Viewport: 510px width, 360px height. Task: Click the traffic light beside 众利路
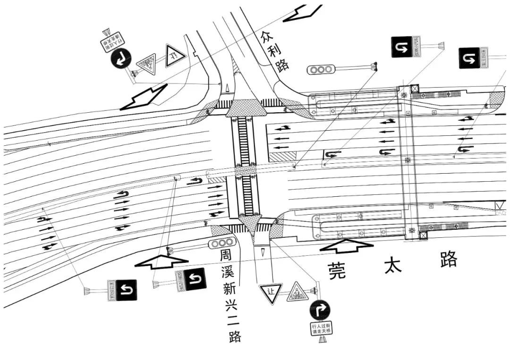pyautogui.click(x=321, y=70)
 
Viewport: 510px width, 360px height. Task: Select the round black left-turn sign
pyautogui.click(x=120, y=59)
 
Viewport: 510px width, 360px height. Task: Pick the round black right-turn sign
pyautogui.click(x=320, y=310)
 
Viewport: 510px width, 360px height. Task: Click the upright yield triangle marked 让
pyautogui.click(x=271, y=293)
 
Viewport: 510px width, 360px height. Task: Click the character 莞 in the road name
pyautogui.click(x=337, y=270)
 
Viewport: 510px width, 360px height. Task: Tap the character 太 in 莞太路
pyautogui.click(x=392, y=265)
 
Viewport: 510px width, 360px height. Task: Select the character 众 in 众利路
pyautogui.click(x=266, y=36)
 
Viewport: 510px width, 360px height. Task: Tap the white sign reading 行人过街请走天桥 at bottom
pyautogui.click(x=321, y=328)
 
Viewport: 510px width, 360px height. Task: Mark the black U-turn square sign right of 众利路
pyautogui.click(x=401, y=47)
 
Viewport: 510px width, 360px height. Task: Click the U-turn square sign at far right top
pyautogui.click(x=469, y=58)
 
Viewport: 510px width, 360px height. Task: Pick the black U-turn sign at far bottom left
pyautogui.click(x=127, y=290)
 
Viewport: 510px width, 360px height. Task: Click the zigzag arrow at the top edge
pyautogui.click(x=303, y=12)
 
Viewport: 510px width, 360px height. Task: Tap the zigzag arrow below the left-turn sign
pyautogui.click(x=144, y=98)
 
